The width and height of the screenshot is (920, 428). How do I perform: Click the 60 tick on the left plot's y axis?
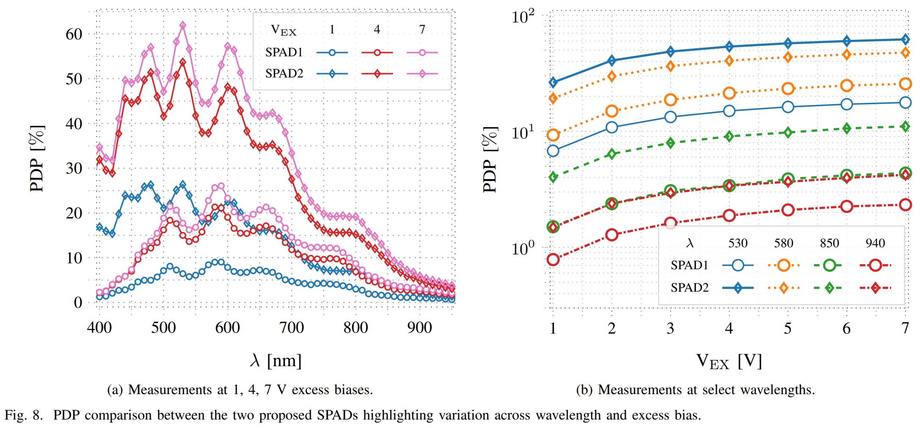pos(74,34)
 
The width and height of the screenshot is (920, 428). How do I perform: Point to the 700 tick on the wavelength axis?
pos(292,327)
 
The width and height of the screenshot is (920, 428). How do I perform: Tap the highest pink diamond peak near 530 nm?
pos(183,25)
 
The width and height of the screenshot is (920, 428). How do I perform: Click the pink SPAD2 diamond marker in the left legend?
pos(422,74)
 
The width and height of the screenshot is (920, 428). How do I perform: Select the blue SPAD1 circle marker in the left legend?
pos(332,52)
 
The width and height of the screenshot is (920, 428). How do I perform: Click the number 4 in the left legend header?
pos(377,29)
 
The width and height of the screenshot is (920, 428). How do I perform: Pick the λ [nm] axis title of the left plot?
pos(276,360)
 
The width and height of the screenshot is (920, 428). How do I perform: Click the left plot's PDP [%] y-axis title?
pos(37,159)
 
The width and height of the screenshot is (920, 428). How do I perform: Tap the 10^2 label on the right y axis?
pos(523,17)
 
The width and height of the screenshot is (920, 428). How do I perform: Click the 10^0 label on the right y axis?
pos(523,249)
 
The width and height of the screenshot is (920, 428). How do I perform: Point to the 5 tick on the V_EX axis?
pos(787,328)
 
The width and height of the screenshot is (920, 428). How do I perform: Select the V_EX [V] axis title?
pos(729,361)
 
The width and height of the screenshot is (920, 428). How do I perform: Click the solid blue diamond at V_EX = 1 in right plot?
pos(553,82)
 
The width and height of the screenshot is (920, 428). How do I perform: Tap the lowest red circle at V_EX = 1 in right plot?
pos(553,260)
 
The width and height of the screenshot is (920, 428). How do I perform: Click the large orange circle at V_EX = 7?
pos(905,84)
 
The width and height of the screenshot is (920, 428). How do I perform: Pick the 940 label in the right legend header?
pos(875,243)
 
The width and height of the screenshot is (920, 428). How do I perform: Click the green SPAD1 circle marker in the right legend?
pos(829,265)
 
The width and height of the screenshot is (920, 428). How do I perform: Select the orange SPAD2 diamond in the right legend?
pos(783,288)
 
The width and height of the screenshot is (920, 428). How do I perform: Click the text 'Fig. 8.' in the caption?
pos(24,415)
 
